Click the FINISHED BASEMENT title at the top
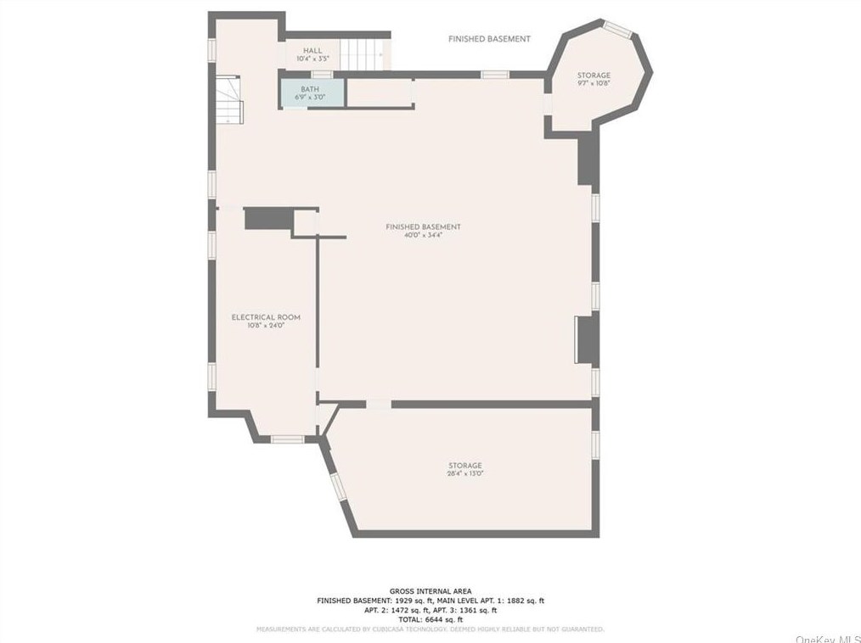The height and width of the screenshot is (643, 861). (x=489, y=39)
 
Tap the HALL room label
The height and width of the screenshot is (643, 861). (x=312, y=51)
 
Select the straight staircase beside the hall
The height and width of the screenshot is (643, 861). (x=363, y=54)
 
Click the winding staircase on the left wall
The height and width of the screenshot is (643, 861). (x=229, y=98)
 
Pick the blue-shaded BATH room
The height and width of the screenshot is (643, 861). (x=312, y=92)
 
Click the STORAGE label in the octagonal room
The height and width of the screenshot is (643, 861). (x=594, y=75)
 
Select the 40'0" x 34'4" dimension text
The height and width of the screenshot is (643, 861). (x=423, y=235)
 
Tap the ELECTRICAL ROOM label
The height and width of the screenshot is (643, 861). (x=266, y=317)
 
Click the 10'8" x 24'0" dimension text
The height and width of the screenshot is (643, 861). (x=266, y=326)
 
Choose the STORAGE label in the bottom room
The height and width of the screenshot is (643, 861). (x=465, y=465)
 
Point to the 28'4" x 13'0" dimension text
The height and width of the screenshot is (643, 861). (x=465, y=473)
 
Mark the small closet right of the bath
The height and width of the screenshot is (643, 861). (x=380, y=93)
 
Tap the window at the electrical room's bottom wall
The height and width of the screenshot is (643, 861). (x=287, y=439)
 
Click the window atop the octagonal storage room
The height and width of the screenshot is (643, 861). (x=617, y=31)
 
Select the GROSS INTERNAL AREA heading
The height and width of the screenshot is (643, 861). (x=430, y=591)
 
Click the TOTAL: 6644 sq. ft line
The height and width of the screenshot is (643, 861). (x=430, y=619)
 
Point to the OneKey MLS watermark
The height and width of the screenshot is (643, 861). (x=827, y=638)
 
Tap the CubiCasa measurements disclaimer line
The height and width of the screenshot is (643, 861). (x=430, y=629)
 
